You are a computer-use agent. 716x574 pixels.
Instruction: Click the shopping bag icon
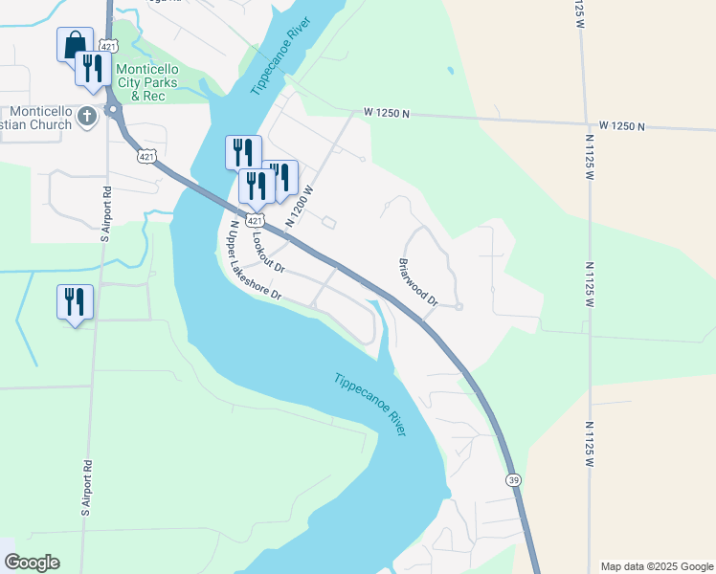[x=75, y=44]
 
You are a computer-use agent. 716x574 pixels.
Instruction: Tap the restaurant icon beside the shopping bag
[x=93, y=69]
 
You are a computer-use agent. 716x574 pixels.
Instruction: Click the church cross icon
[x=87, y=117]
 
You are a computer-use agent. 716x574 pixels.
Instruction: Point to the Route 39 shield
[x=514, y=480]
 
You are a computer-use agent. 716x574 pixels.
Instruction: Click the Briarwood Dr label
[x=418, y=281]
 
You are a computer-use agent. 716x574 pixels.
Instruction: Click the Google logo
[x=32, y=563]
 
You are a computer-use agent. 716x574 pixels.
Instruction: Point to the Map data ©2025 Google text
[x=656, y=566]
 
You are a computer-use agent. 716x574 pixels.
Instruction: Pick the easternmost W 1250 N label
[x=623, y=126]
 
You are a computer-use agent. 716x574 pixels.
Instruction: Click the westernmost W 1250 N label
[x=387, y=114]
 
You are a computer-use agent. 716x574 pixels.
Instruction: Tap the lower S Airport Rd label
[x=86, y=488]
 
